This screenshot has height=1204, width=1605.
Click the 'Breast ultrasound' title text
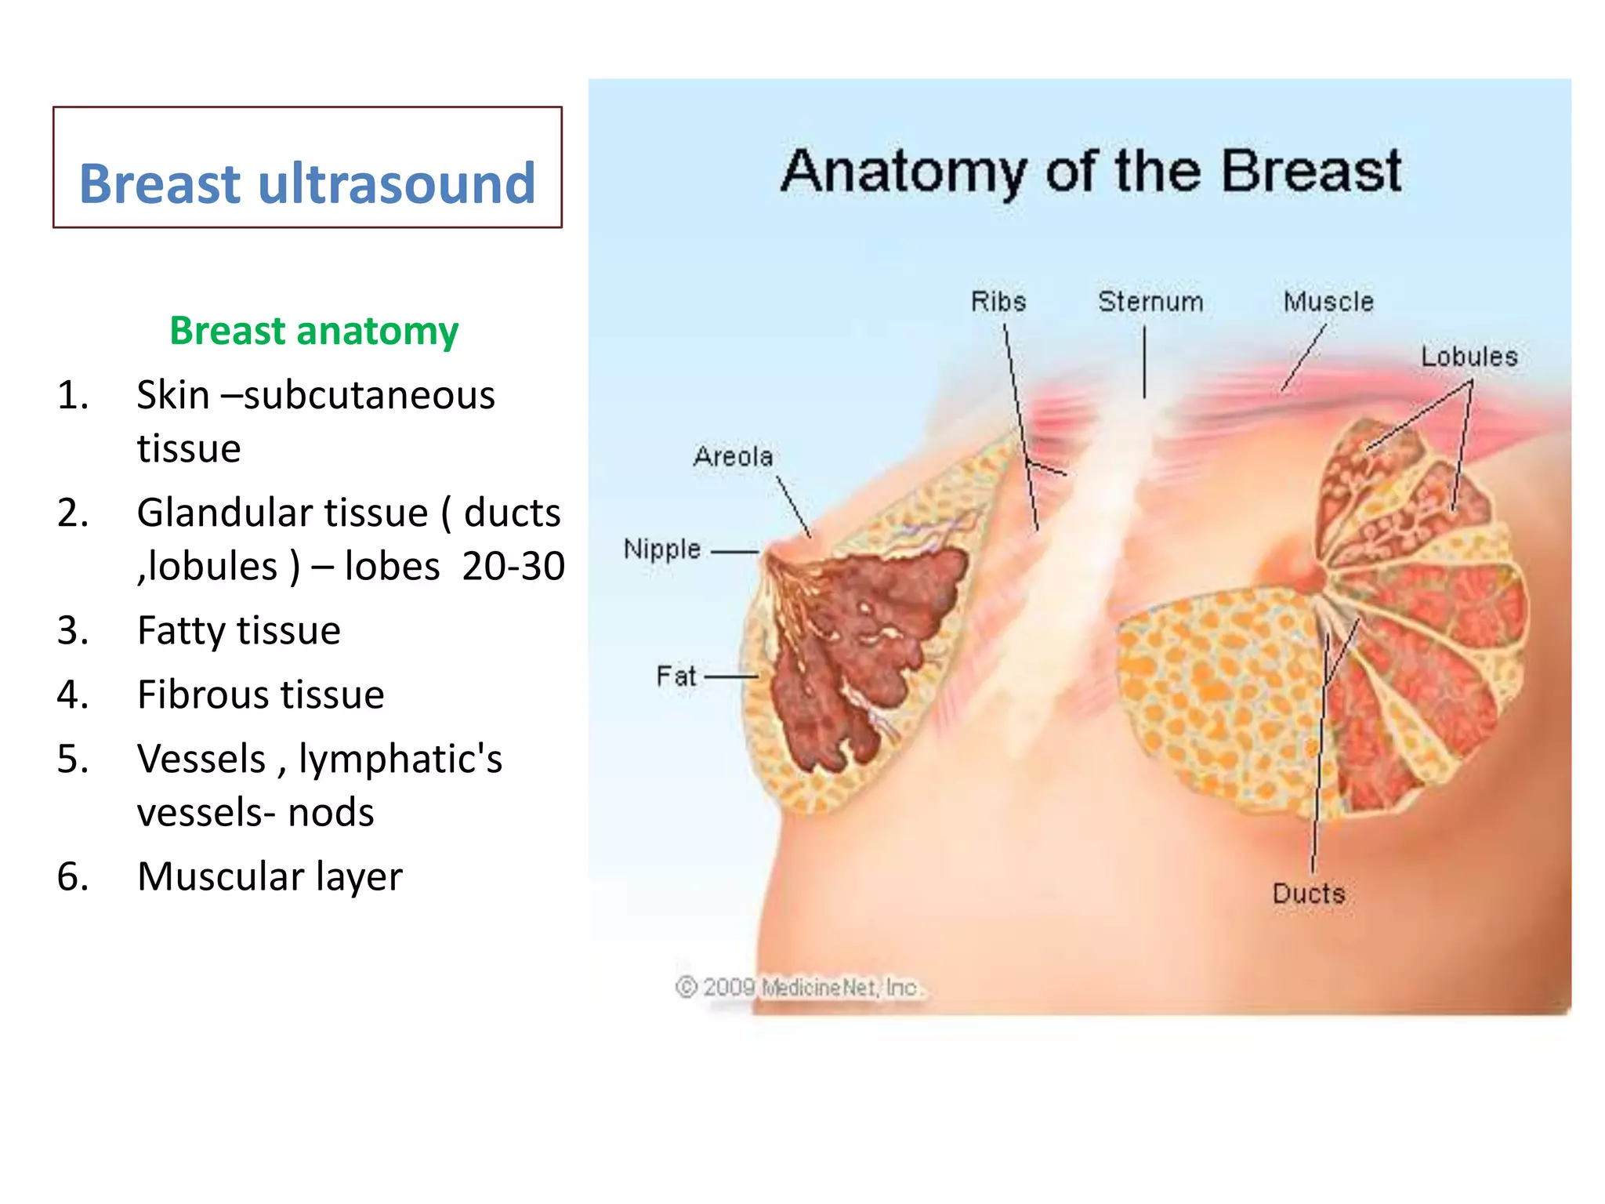tap(307, 183)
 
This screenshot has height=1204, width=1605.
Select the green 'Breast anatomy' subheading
tap(313, 330)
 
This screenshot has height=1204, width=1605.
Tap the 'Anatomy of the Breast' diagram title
tap(1091, 172)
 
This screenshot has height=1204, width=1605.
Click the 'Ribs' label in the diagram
tap(998, 302)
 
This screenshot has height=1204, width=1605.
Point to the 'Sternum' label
tap(1150, 302)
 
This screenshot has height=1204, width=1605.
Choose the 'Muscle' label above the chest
tap(1328, 302)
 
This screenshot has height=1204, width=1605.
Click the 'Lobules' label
tap(1469, 357)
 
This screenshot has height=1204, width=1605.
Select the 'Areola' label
tap(733, 456)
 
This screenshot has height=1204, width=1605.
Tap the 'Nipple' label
tap(661, 549)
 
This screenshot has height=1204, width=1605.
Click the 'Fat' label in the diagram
tap(676, 676)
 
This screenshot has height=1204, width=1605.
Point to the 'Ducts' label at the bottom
tap(1308, 894)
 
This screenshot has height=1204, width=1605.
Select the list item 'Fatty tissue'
tap(238, 630)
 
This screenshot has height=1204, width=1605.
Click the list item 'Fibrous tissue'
tap(260, 694)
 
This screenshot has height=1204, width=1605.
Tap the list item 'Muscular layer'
tap(270, 876)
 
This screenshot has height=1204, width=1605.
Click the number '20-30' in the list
tap(513, 566)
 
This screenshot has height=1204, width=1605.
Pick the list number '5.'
tap(72, 759)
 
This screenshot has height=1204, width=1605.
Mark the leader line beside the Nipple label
tap(734, 552)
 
